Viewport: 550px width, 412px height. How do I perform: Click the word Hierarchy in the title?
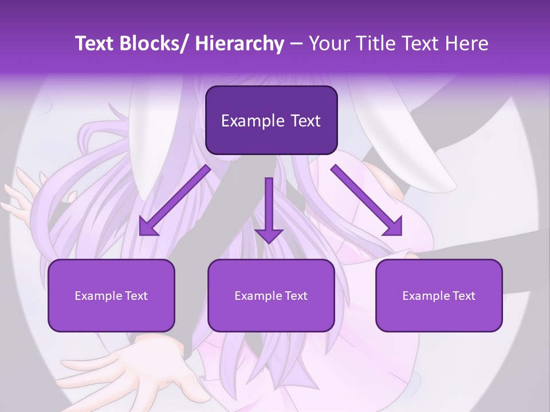pos(239,43)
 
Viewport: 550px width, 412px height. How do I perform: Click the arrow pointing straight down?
pos(269,206)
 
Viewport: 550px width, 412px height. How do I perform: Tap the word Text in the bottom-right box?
pos(463,296)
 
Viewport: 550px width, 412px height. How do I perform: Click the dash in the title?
pos(296,43)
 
